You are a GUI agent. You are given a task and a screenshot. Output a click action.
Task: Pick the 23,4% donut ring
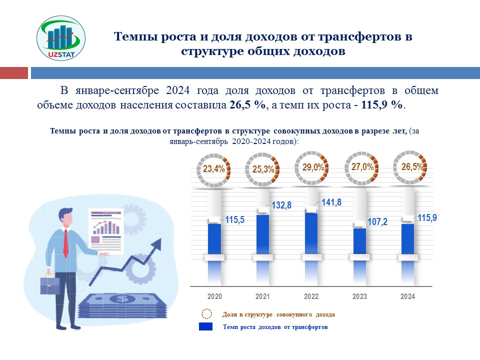tap(214, 168)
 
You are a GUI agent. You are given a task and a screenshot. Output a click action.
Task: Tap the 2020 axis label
tap(214, 296)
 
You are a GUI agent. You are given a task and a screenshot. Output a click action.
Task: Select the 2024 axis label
tap(408, 296)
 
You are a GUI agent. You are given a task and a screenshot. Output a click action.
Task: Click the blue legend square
tap(206, 326)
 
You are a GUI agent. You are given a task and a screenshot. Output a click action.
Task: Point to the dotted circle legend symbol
tap(206, 314)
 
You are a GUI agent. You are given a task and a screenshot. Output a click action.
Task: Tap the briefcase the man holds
tap(50, 285)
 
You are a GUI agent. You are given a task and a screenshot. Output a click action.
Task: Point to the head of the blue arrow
tap(159, 243)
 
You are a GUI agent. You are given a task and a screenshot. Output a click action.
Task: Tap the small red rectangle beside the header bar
tap(13, 73)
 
